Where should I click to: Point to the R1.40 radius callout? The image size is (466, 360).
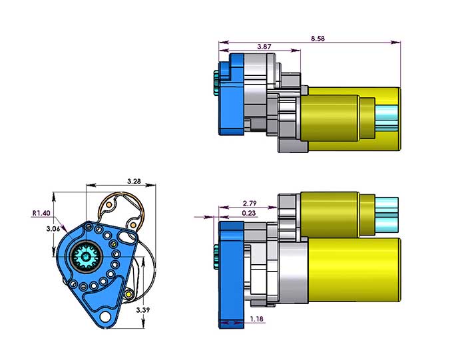tap(42, 214)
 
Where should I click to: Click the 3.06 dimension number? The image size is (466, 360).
tap(53, 229)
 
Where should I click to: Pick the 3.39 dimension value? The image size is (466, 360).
tap(142, 310)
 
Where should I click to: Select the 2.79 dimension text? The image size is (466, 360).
tap(250, 203)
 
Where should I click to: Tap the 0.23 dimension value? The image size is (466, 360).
tap(250, 213)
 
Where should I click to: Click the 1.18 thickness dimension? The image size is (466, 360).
tap(258, 319)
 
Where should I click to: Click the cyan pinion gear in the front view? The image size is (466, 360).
tap(87, 256)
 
